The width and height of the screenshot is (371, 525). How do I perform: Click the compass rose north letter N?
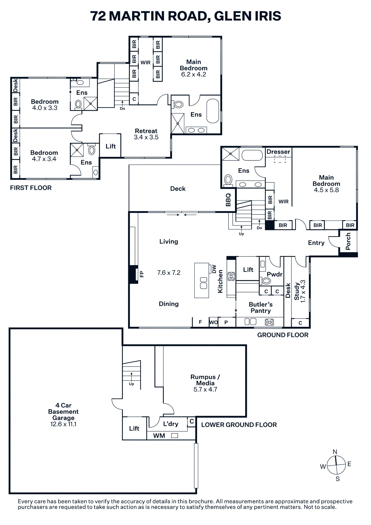point(335,452)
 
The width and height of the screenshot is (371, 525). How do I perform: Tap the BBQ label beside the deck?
point(228,200)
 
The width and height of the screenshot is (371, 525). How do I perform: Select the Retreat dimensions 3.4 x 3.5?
point(146,137)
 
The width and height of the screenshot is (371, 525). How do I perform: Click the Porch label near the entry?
point(348,241)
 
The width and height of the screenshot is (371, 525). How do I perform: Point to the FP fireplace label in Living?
point(142,274)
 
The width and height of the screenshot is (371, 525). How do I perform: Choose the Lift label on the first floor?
point(111,146)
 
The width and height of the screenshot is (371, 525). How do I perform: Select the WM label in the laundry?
point(159,436)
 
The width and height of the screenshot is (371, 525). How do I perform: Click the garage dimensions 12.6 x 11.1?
point(63,424)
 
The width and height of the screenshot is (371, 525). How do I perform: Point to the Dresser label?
point(278,152)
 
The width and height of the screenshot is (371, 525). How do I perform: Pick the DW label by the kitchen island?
point(214,269)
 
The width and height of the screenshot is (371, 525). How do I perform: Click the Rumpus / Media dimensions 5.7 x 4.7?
point(205,390)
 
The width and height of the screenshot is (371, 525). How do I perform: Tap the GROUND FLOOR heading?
point(283,335)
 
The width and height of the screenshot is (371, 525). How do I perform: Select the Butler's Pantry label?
point(261,308)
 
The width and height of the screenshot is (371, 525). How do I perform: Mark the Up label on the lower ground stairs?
point(132,384)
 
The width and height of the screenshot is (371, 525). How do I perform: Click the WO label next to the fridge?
point(214,322)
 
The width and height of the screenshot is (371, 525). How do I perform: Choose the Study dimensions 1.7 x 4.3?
point(303,291)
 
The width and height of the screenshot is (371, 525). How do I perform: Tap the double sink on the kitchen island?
point(204,283)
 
